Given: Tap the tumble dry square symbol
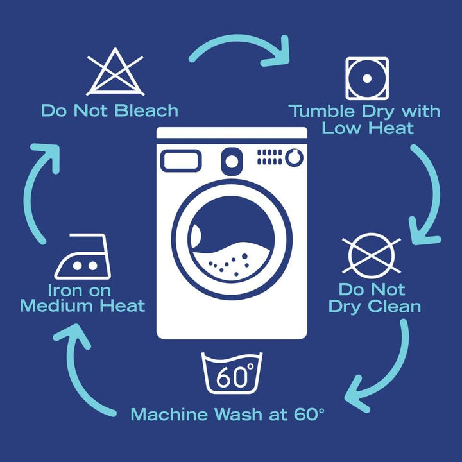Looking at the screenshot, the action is [x=367, y=78].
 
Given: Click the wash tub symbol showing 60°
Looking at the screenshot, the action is [x=232, y=373].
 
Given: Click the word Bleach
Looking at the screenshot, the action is [x=146, y=111].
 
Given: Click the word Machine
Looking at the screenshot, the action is [x=169, y=415].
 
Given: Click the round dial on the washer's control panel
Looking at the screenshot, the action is [x=294, y=157].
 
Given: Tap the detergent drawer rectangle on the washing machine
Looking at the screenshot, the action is [x=181, y=161].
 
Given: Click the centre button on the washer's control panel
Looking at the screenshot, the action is [x=232, y=161].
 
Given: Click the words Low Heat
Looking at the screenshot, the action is [x=368, y=128].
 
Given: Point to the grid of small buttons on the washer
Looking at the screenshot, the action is [x=269, y=157].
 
